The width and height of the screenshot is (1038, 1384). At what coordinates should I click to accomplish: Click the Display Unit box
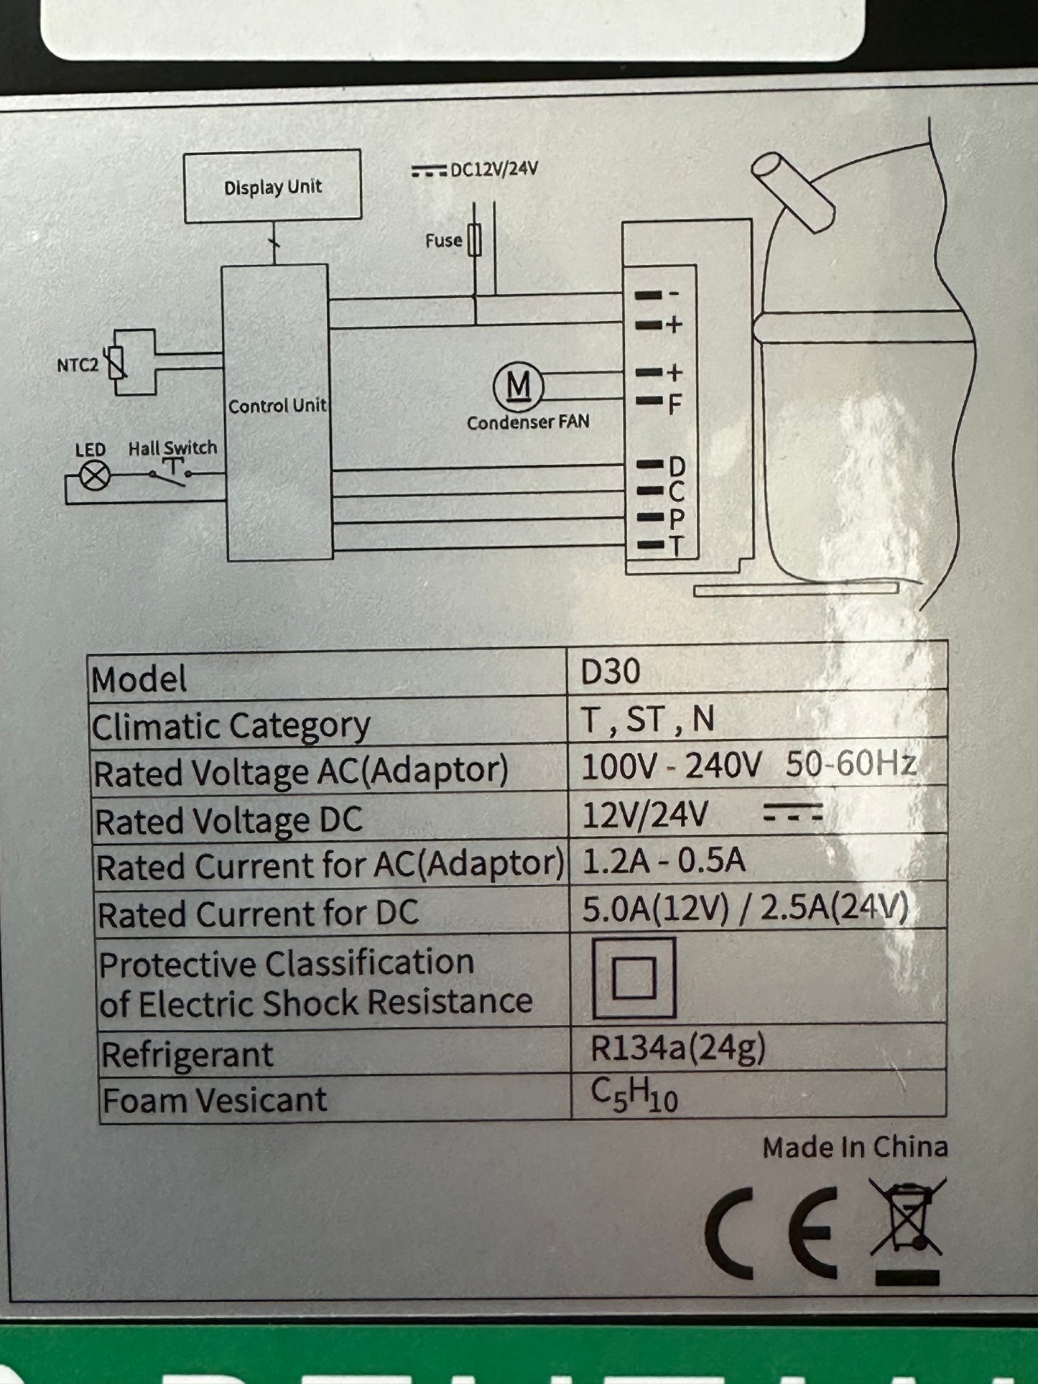(x=272, y=186)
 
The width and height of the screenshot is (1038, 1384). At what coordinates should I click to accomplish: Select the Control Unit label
(x=277, y=407)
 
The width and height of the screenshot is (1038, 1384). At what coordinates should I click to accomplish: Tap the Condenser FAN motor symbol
(x=519, y=386)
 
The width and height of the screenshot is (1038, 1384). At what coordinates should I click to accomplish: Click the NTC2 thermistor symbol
(x=118, y=363)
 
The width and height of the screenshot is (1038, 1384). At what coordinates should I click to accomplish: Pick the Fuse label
(x=442, y=241)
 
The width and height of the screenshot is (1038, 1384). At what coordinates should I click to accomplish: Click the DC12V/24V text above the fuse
(x=493, y=169)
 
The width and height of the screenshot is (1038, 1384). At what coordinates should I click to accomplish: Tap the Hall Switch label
(x=172, y=447)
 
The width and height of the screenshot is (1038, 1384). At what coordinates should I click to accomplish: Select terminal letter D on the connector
(x=676, y=467)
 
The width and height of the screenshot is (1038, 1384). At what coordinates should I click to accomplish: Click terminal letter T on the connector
(x=676, y=546)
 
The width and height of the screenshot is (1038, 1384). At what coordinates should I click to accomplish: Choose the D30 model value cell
(x=611, y=672)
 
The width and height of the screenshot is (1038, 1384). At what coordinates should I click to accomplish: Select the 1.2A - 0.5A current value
(x=663, y=860)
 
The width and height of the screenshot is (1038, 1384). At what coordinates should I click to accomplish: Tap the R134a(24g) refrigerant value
(x=677, y=1049)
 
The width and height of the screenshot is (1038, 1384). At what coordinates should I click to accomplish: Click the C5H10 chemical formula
(x=634, y=1095)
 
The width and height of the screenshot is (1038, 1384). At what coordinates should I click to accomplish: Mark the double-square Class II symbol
(x=634, y=978)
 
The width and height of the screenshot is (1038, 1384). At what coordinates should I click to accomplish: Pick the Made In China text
(x=855, y=1148)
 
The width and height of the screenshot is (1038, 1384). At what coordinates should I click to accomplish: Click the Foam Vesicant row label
(x=215, y=1100)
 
